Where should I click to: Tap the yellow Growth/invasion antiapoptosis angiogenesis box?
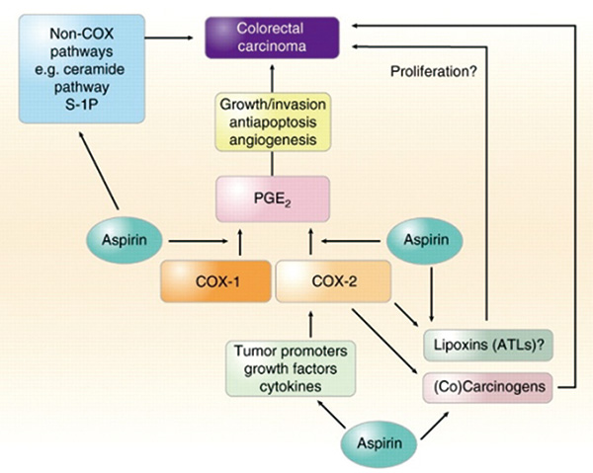[271, 121]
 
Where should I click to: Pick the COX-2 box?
[321, 282]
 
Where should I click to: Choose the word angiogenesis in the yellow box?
[271, 140]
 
